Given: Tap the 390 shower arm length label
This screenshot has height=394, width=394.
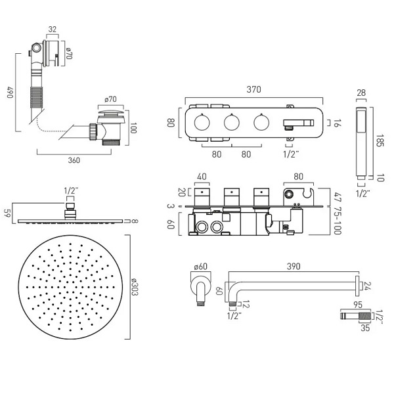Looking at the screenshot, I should pyautogui.click(x=293, y=267).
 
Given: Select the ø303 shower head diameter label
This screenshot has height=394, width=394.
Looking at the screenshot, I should pyautogui.click(x=134, y=284).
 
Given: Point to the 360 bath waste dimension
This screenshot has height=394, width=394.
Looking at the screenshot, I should pyautogui.click(x=74, y=160).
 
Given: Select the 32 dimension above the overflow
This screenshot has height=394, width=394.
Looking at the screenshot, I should pyautogui.click(x=52, y=28).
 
